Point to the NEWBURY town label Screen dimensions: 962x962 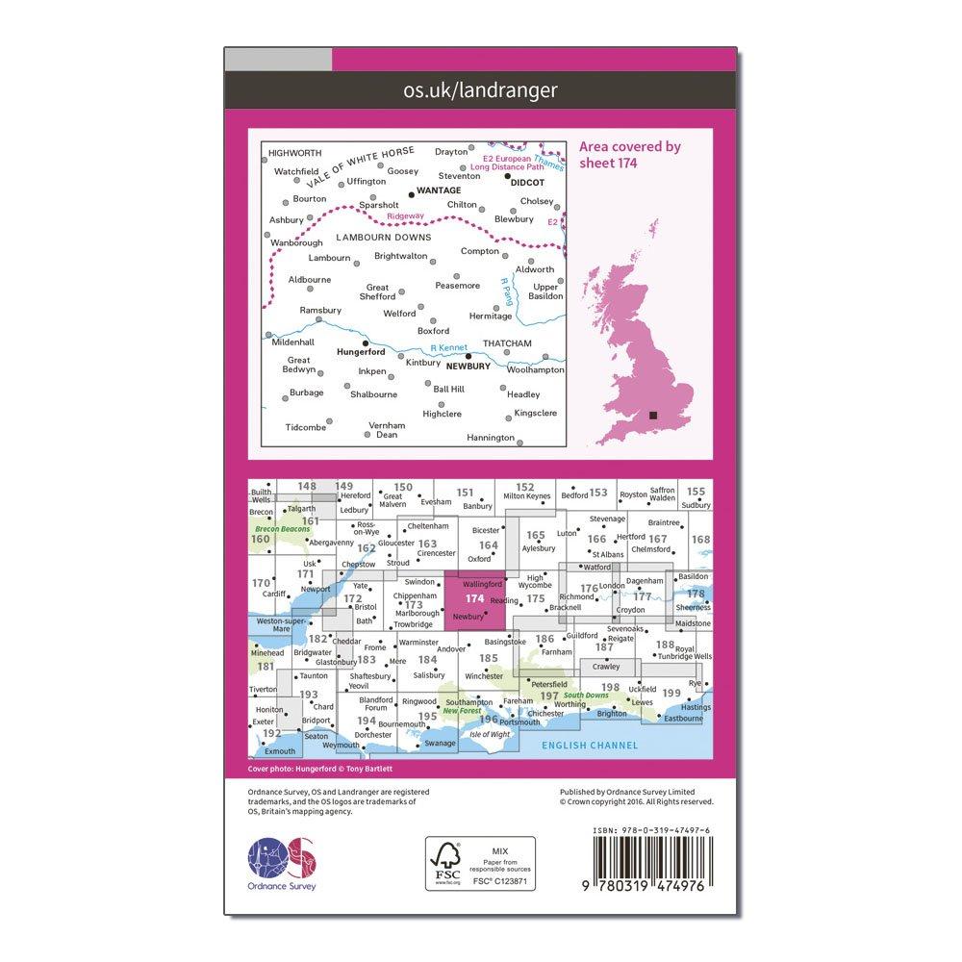tap(468, 367)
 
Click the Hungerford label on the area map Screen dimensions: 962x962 tap(363, 353)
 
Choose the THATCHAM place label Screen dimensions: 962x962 tap(506, 343)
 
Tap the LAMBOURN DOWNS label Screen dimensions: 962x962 tap(384, 237)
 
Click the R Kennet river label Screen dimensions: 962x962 tap(447, 347)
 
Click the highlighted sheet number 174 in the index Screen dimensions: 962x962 tap(473, 597)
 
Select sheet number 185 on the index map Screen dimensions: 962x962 tap(488, 659)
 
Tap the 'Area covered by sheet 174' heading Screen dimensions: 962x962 tap(630, 155)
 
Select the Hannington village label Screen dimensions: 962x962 tap(490, 438)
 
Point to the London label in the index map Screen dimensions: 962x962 tap(611, 586)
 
